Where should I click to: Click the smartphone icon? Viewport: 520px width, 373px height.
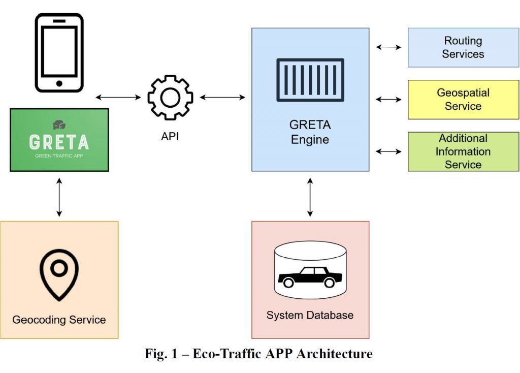coord(59,53)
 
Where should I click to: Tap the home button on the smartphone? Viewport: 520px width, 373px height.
coord(59,83)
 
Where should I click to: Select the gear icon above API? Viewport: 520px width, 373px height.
coord(170,98)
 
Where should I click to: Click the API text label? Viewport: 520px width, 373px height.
coord(170,136)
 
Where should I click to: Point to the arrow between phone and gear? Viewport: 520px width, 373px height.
coord(118,97)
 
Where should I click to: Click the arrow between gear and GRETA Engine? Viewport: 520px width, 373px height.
coord(222,97)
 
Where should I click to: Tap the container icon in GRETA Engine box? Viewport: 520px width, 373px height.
coord(310,80)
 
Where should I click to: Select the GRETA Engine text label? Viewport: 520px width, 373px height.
coord(310,132)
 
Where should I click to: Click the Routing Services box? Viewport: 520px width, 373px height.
coord(463,48)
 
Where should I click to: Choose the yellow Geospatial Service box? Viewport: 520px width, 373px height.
coord(463,100)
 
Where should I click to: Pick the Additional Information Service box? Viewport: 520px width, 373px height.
coord(463,151)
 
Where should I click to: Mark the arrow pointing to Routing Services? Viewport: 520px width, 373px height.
coord(388,47)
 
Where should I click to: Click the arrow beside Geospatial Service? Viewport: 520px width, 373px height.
coord(388,100)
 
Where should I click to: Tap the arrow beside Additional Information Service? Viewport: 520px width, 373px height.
coord(388,151)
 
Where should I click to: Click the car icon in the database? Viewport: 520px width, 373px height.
coord(310,277)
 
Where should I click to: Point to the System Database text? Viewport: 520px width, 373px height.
coord(310,316)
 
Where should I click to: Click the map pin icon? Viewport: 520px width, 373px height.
coord(59,274)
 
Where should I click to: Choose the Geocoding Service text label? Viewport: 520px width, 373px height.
coord(59,320)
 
